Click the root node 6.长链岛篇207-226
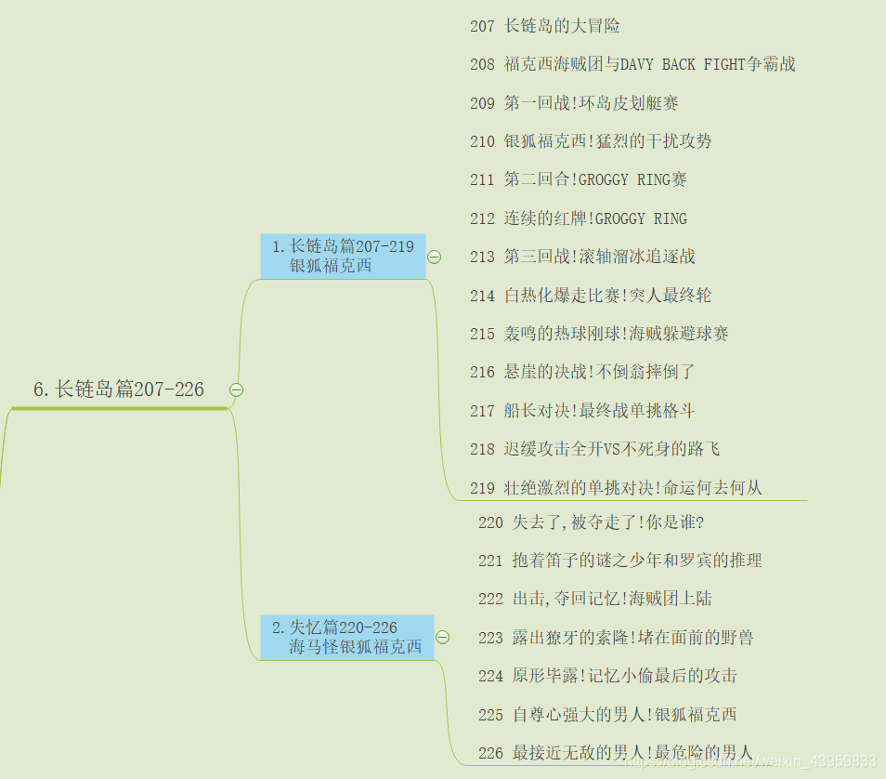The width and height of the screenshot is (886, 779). (119, 389)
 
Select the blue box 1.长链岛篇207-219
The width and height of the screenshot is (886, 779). (343, 256)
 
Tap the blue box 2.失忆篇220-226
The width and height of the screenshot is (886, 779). (346, 637)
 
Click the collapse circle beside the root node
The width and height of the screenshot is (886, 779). (236, 390)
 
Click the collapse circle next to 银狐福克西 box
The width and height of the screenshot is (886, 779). (434, 257)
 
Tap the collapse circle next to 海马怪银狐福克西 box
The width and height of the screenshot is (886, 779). (442, 637)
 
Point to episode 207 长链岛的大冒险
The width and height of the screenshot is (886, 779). (545, 26)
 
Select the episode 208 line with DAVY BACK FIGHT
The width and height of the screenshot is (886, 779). (632, 64)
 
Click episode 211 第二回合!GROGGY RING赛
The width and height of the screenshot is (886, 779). (579, 179)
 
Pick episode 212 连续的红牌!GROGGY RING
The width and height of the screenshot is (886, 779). (579, 218)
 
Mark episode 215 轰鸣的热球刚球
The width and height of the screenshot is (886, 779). (599, 333)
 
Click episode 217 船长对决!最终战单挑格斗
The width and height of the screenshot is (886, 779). (582, 410)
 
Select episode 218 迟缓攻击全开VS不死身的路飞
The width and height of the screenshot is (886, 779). (594, 449)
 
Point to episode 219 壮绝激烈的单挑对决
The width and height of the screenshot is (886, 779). (616, 487)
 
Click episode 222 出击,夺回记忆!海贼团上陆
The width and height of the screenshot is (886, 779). (595, 599)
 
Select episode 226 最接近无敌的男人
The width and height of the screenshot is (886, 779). (616, 752)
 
